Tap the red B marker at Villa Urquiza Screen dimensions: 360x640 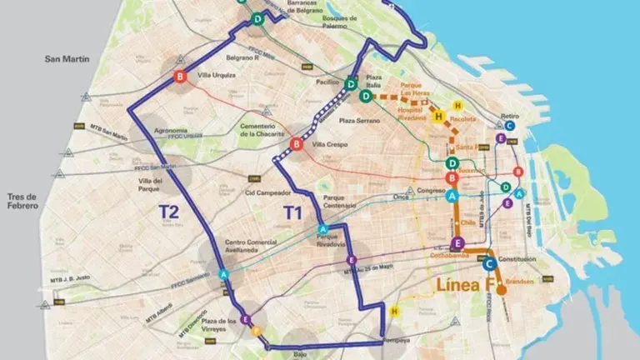coord(180,77)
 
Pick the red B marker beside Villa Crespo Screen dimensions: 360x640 coord(296,144)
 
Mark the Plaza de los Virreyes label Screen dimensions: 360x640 coord(219,325)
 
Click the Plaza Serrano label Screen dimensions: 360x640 coord(359,120)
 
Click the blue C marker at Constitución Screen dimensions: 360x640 coord(489,263)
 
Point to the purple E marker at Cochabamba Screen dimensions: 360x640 coord(457,243)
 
